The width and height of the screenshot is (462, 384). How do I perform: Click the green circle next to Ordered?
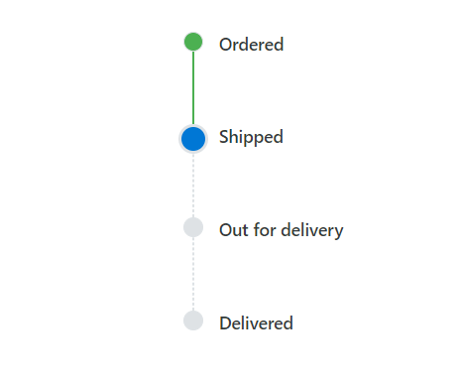(x=193, y=42)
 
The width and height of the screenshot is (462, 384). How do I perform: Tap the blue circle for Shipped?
(x=193, y=138)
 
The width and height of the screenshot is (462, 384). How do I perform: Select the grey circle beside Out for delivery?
(x=193, y=227)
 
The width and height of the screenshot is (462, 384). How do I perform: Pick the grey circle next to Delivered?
(x=193, y=320)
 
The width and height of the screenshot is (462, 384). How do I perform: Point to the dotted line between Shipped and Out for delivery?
(x=193, y=185)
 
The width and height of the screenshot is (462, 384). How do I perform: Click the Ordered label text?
(x=251, y=45)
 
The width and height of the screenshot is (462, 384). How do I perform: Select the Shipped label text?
(x=251, y=137)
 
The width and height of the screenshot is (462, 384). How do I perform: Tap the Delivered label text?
(x=256, y=323)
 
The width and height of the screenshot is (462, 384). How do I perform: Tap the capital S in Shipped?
(x=224, y=137)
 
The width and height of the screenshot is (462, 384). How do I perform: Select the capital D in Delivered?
(x=225, y=323)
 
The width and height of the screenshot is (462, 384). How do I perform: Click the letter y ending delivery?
(x=338, y=232)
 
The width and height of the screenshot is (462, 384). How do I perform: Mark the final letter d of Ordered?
(x=279, y=45)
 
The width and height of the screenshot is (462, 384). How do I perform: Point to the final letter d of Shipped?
(x=278, y=137)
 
